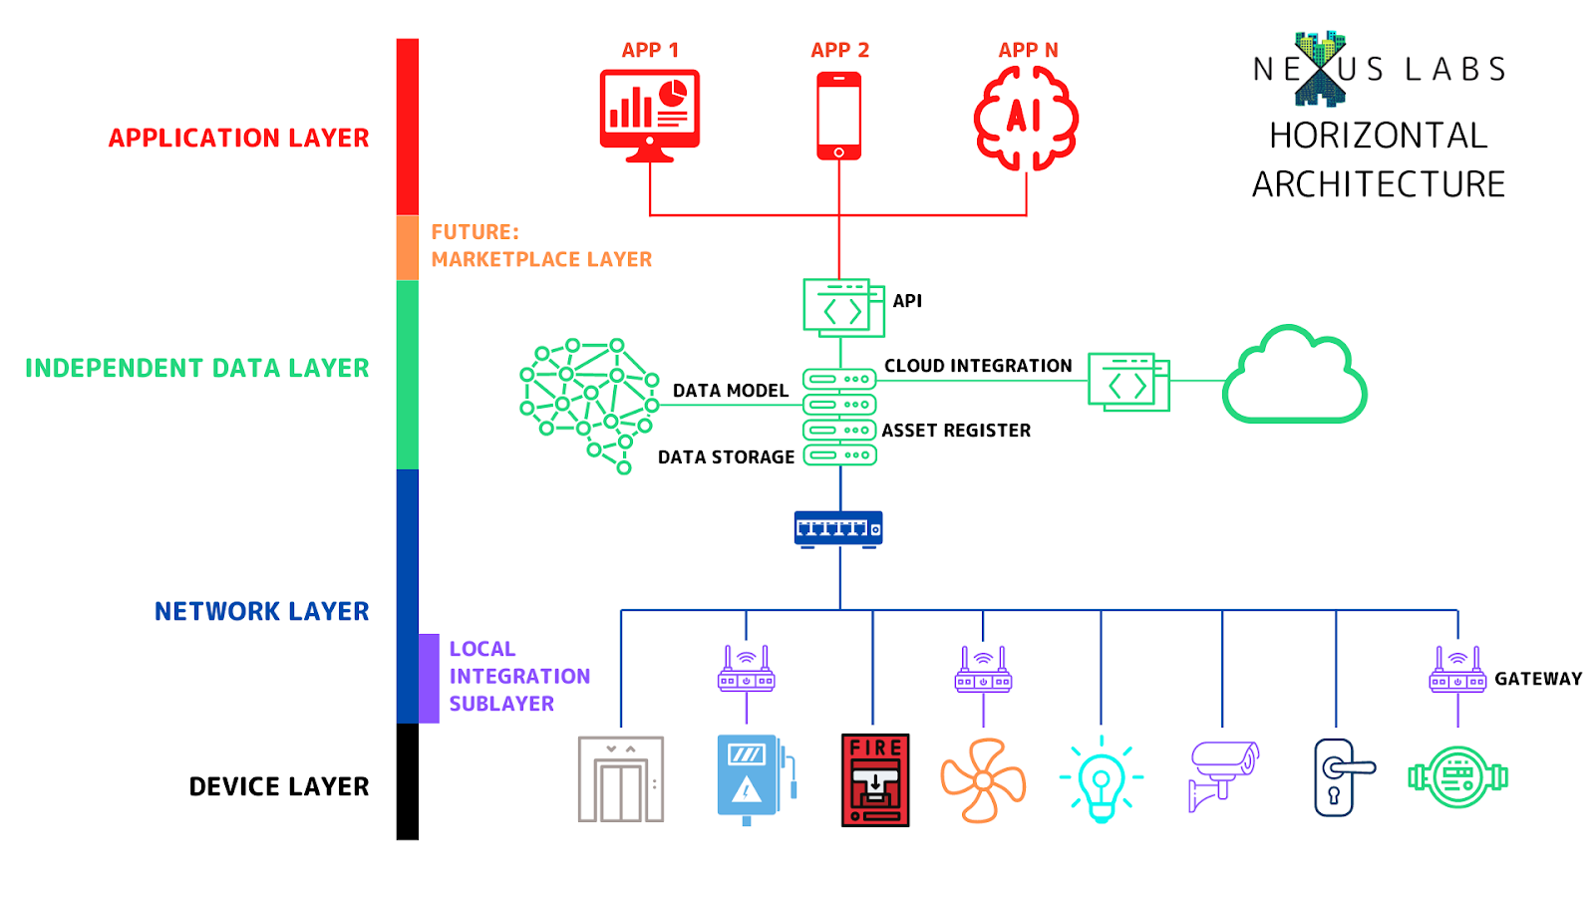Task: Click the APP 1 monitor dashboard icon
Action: (x=649, y=114)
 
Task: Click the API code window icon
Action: (x=843, y=308)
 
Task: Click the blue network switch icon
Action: (x=838, y=528)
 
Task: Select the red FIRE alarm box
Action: (x=874, y=780)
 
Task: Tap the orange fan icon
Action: (x=983, y=780)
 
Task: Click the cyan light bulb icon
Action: (x=1101, y=780)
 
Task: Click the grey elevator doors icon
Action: (x=620, y=779)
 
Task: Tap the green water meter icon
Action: (x=1457, y=777)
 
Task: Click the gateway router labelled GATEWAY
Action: (x=1457, y=671)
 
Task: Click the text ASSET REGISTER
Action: (x=956, y=431)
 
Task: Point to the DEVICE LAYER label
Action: (x=279, y=786)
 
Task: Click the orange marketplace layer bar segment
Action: (x=407, y=247)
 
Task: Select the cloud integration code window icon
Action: (x=1127, y=382)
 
